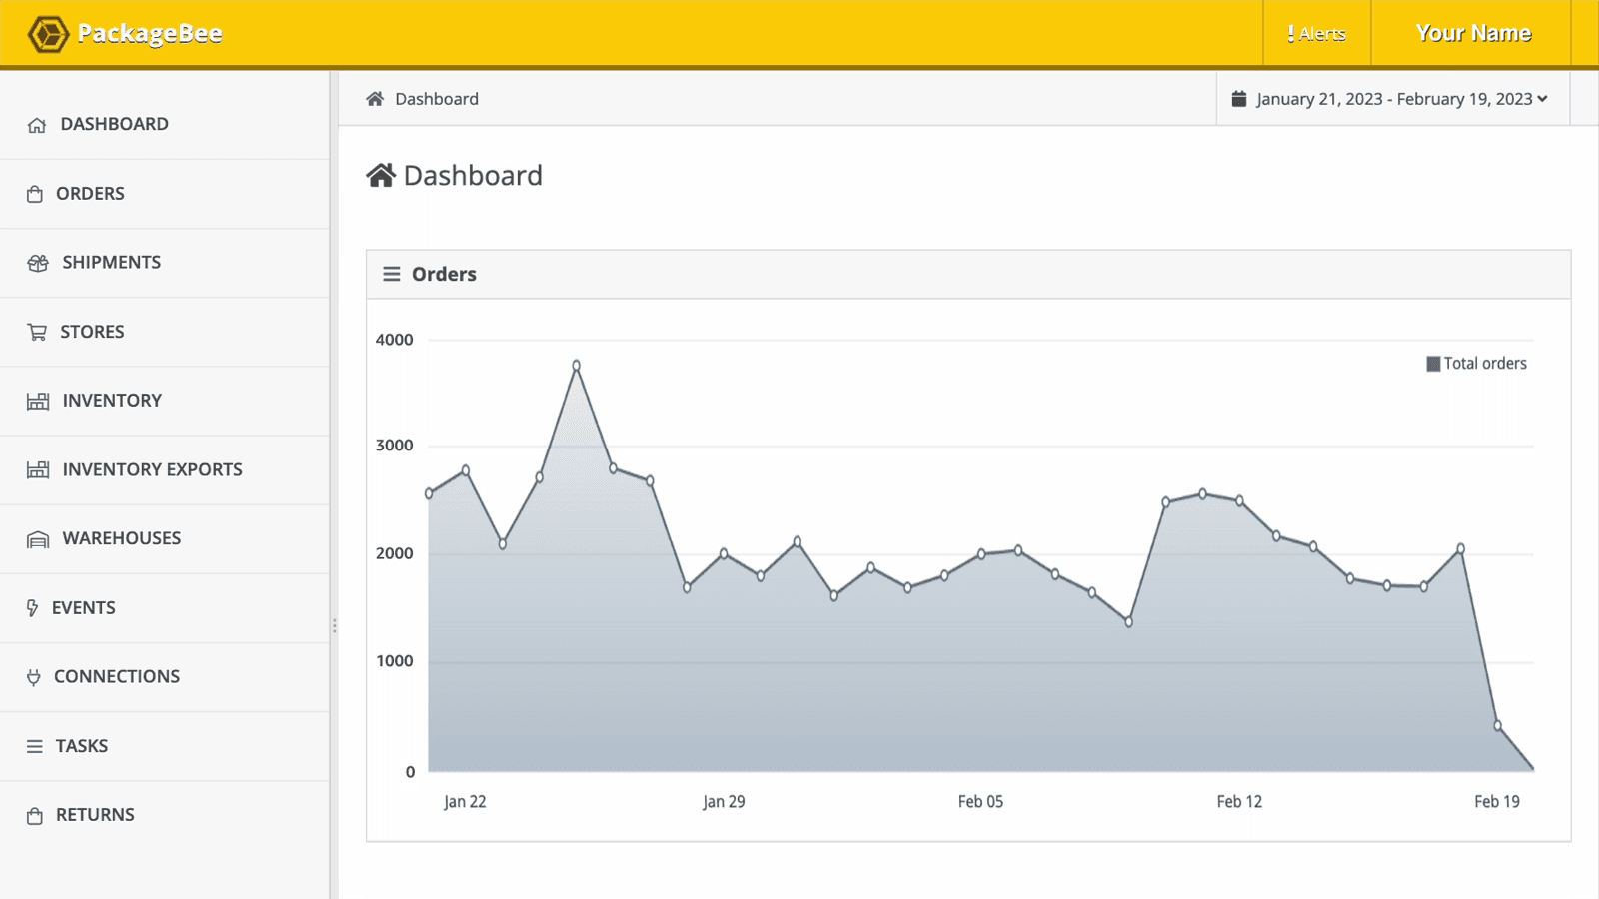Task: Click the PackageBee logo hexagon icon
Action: click(x=47, y=34)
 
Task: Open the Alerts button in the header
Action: click(x=1316, y=34)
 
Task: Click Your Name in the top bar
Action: click(x=1472, y=33)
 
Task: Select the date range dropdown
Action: click(x=1390, y=99)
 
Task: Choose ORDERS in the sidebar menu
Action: click(x=90, y=194)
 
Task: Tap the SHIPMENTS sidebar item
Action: click(x=111, y=263)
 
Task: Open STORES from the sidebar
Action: click(x=92, y=332)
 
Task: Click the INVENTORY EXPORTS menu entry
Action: click(x=152, y=469)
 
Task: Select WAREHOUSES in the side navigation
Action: click(x=121, y=538)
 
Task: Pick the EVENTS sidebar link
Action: click(x=83, y=608)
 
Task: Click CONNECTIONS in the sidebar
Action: click(x=116, y=677)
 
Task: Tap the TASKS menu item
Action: click(x=81, y=746)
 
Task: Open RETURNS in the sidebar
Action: click(x=95, y=815)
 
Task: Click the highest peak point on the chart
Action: click(x=577, y=366)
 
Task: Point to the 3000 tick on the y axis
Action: click(x=394, y=446)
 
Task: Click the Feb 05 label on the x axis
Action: click(x=980, y=802)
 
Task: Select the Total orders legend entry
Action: click(x=1476, y=364)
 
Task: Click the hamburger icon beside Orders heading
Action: click(x=392, y=274)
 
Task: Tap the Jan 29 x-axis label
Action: click(x=724, y=802)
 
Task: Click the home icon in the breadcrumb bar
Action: click(x=375, y=99)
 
